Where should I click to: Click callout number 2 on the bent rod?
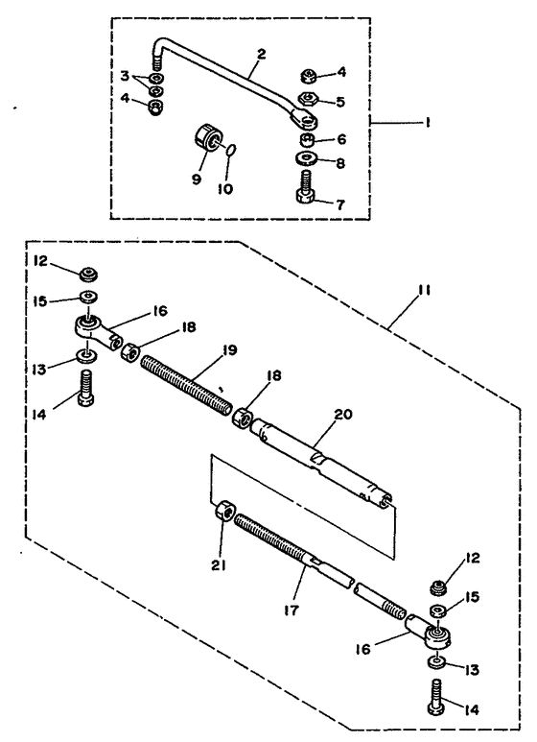pos(262,54)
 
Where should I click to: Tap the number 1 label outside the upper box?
pos(427,123)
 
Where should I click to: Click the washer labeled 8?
pos(307,157)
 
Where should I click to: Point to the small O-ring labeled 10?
pos(230,150)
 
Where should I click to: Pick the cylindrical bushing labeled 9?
pos(206,136)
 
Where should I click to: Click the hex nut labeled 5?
pos(307,99)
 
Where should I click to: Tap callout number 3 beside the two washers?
pos(125,76)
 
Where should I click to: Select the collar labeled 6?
pos(307,139)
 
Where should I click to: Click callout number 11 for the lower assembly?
pos(425,290)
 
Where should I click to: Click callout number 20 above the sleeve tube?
pos(343,415)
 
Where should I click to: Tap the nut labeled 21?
pos(224,511)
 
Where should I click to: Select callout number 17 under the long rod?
pos(292,610)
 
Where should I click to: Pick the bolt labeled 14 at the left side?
pos(85,388)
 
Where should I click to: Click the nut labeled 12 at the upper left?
pos(88,274)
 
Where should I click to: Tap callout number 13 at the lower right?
pos(472,670)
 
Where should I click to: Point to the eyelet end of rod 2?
pos(303,119)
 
